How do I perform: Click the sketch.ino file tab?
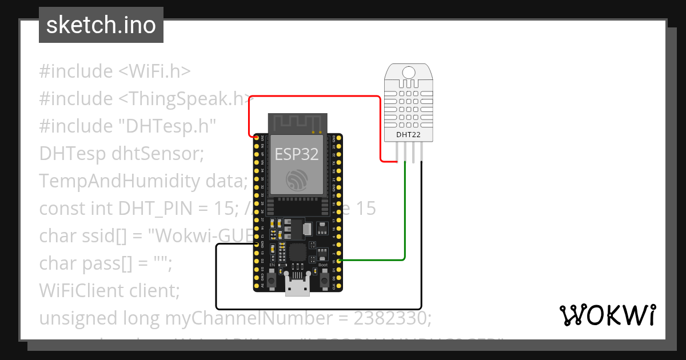(101, 25)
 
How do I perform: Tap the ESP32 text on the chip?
(297, 154)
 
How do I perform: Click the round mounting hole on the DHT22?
(409, 72)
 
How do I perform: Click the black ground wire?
(320, 308)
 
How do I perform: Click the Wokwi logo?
(607, 315)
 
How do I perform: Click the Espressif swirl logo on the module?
(297, 181)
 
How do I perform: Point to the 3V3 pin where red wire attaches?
(256, 137)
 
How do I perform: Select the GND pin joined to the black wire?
(256, 244)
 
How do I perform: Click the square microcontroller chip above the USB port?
(298, 252)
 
